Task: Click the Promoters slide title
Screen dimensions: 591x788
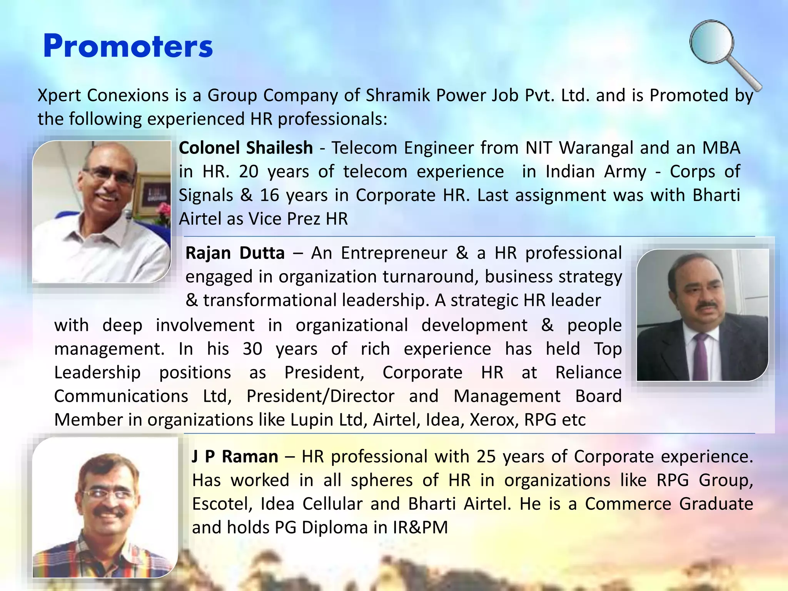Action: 128,46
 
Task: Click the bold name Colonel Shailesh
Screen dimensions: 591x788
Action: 245,148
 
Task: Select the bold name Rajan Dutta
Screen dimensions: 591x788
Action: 235,253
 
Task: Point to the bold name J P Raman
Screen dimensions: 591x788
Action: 235,457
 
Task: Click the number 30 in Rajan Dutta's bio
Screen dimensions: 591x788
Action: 252,349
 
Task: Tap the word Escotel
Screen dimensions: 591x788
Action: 222,504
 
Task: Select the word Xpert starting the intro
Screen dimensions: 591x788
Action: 59,95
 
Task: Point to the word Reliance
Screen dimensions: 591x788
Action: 588,372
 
